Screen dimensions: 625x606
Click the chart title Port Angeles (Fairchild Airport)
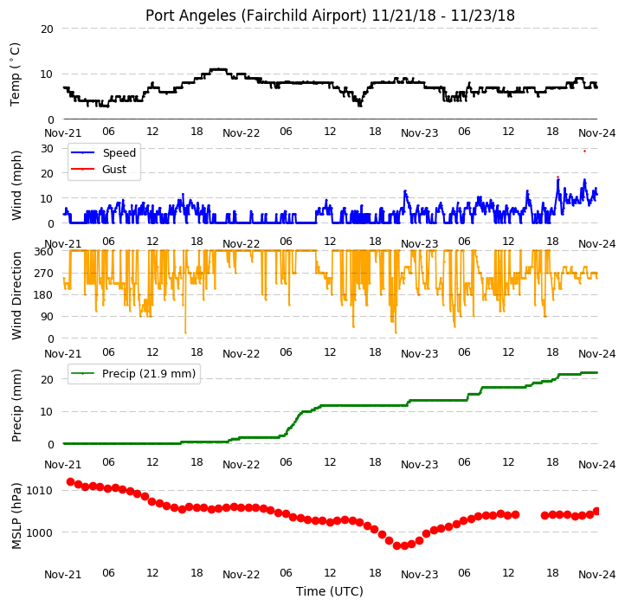[255, 16]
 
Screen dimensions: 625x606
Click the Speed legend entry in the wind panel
[119, 152]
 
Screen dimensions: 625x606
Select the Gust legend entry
[114, 169]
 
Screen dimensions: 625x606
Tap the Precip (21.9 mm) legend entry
[149, 374]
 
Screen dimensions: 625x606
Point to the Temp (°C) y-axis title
[15, 74]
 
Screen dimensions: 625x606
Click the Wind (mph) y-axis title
[16, 185]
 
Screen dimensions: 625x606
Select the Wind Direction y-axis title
[16, 295]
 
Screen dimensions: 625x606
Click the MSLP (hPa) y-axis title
[16, 516]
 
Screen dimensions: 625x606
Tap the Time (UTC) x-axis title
[330, 591]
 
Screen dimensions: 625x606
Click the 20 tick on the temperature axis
[47, 29]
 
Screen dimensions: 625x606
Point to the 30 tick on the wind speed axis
[47, 149]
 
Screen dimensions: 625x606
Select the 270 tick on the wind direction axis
[44, 273]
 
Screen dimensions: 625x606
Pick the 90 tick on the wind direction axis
[47, 317]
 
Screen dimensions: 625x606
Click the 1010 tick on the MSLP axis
[40, 490]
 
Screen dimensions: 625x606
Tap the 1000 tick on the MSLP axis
[40, 532]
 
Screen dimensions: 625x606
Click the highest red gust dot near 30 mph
[584, 151]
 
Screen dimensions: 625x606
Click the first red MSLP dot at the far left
[71, 481]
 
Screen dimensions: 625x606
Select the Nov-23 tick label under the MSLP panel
[419, 575]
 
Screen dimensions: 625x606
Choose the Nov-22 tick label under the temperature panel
[242, 132]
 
